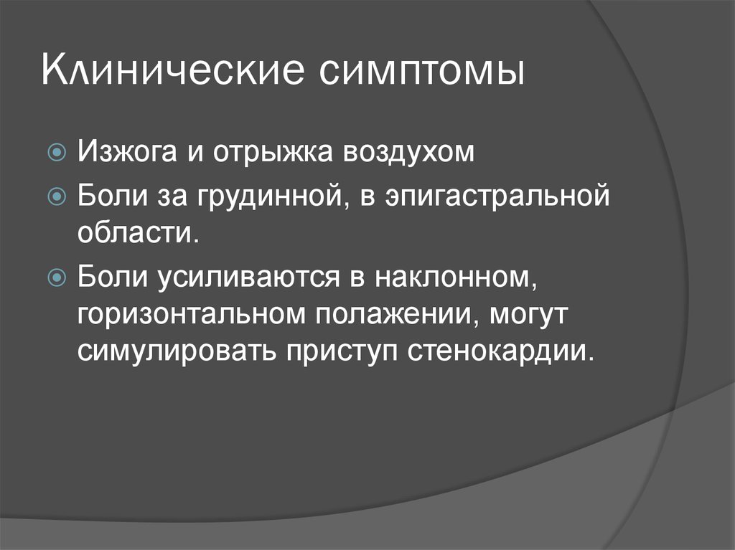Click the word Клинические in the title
[x=172, y=70]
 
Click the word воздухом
[x=408, y=153]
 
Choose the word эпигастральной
[x=498, y=196]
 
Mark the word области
[x=139, y=232]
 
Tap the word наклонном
[x=455, y=277]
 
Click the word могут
[x=528, y=315]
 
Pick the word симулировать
[x=177, y=351]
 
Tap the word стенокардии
[x=500, y=351]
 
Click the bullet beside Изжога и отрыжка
[x=57, y=152]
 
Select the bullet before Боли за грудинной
[x=57, y=196]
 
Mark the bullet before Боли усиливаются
[x=57, y=277]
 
